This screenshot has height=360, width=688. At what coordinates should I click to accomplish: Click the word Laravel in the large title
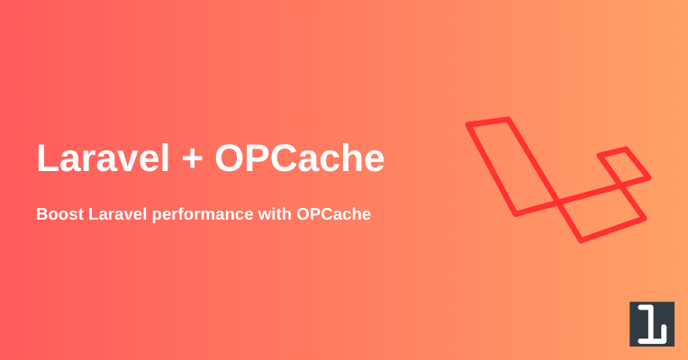point(103,157)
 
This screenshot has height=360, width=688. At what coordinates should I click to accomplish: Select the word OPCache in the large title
point(300,157)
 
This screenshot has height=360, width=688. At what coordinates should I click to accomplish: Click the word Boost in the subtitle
point(59,214)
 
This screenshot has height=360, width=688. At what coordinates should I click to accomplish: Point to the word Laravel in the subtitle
point(118,214)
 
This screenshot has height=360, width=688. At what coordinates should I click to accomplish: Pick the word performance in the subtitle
point(203,215)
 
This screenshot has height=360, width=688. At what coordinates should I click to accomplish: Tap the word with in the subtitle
point(275,214)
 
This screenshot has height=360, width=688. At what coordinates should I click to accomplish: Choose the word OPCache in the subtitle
point(333,214)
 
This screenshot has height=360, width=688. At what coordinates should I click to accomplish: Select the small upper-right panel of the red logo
point(624,167)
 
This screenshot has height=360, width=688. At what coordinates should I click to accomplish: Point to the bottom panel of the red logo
point(602,215)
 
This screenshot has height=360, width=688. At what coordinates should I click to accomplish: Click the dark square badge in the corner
point(652,324)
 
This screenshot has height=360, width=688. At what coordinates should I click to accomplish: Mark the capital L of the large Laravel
point(47,157)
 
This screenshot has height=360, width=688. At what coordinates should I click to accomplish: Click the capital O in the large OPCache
point(231,157)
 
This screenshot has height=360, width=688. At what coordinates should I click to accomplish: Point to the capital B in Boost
point(42,214)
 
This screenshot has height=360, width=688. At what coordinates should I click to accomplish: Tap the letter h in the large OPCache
point(350,157)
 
